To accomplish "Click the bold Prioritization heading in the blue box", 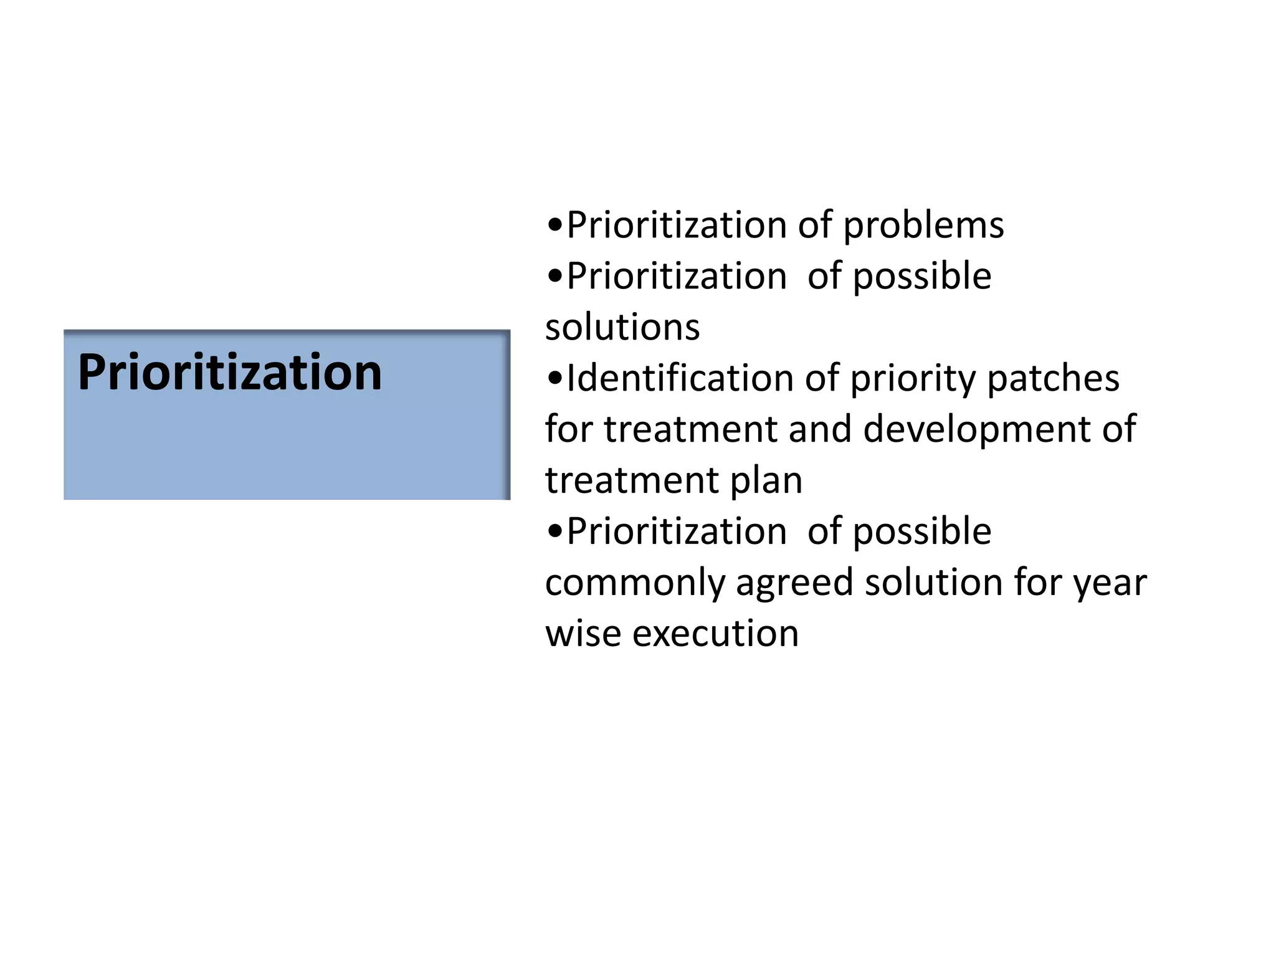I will [x=230, y=373].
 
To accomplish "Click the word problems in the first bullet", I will [x=923, y=226].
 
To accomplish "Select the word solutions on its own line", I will [x=622, y=327].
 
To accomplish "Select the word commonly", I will [x=636, y=584].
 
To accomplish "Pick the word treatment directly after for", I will [x=690, y=429].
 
